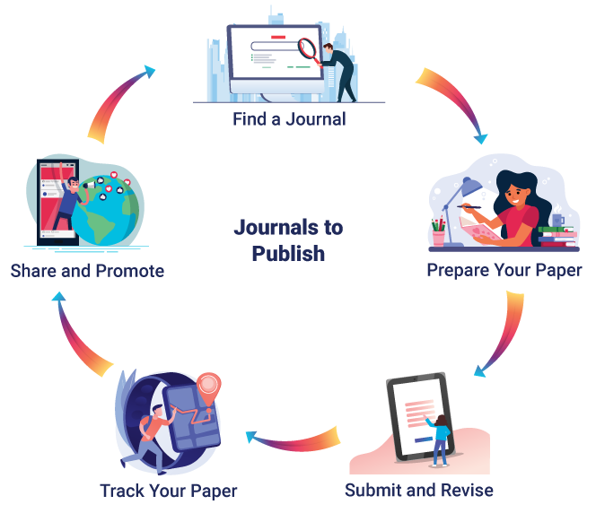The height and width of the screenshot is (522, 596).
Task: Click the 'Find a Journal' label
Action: (x=289, y=119)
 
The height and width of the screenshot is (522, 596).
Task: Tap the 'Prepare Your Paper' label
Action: (x=504, y=271)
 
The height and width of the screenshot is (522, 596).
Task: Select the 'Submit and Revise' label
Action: (x=419, y=490)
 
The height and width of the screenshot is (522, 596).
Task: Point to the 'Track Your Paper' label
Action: (x=169, y=492)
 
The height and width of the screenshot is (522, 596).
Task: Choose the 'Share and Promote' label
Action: (x=87, y=271)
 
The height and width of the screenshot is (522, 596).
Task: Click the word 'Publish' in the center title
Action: (x=288, y=254)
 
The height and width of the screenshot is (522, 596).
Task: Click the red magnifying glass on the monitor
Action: (x=309, y=52)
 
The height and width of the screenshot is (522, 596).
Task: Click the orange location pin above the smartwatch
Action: (x=208, y=387)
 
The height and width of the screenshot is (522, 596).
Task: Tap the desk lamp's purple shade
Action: (x=471, y=187)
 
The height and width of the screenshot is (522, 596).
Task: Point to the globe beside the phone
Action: (x=107, y=212)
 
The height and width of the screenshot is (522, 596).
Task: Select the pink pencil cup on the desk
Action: (x=439, y=238)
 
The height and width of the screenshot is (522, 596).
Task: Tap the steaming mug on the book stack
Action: (x=558, y=219)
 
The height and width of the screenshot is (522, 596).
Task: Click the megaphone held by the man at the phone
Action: (x=90, y=185)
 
